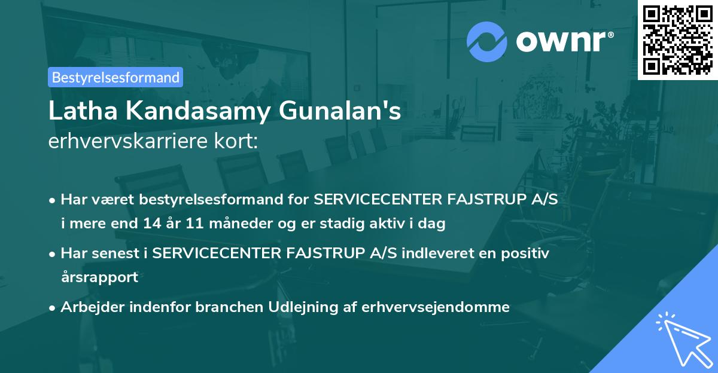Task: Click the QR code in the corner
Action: pos(677,39)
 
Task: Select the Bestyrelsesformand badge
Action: pos(115,77)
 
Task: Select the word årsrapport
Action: pos(99,277)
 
